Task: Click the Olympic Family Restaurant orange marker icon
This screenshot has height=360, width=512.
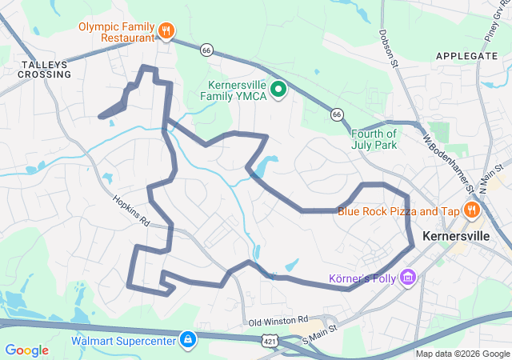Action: point(166,31)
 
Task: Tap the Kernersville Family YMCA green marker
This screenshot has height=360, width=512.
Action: point(278,89)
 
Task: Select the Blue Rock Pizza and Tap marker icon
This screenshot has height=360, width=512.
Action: point(472,210)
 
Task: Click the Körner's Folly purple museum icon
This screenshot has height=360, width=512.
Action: point(408,278)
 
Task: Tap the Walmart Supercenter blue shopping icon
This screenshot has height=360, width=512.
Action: point(187,339)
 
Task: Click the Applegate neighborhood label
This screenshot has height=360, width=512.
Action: point(466,56)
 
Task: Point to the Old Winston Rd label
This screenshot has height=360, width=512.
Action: point(278,321)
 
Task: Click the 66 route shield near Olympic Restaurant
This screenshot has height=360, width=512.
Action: point(207,50)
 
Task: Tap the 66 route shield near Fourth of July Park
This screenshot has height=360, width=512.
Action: point(337,114)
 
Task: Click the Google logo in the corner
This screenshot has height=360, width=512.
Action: point(26,350)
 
